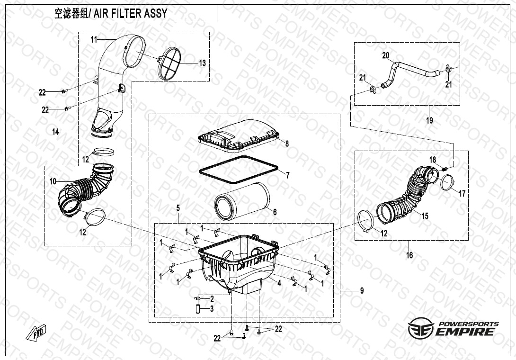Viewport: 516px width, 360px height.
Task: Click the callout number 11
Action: click(94, 39)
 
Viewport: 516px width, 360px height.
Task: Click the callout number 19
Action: click(429, 120)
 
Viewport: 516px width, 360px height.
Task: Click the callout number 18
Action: click(433, 160)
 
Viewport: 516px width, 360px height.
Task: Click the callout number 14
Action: click(56, 132)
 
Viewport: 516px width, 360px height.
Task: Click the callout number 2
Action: click(212, 299)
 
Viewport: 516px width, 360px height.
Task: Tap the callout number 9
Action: click(362, 291)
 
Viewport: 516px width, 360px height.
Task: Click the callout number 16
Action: click(409, 255)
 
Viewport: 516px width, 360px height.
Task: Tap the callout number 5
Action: click(178, 208)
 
